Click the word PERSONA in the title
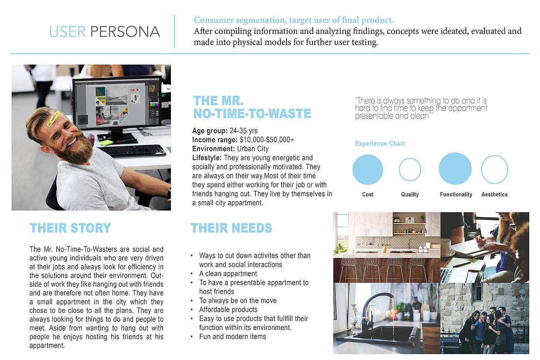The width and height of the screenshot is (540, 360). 125,32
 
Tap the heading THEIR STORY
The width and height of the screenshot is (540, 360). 70,228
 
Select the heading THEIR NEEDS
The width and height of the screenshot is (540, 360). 231,228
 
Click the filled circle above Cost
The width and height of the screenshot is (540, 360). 368,170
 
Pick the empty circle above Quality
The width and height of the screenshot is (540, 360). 410,170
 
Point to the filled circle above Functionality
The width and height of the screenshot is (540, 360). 455,169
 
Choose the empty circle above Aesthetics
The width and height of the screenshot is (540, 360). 494,169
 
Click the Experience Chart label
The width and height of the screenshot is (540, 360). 380,144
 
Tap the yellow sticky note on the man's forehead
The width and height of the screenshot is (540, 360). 53,118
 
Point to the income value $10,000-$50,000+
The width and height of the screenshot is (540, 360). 267,140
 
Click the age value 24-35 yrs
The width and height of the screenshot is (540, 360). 243,131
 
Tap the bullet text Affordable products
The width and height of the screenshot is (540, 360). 228,309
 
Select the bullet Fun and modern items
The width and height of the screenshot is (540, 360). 233,336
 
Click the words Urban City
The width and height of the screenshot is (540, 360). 253,149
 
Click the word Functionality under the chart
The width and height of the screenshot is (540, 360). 456,194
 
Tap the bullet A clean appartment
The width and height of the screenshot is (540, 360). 228,274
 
